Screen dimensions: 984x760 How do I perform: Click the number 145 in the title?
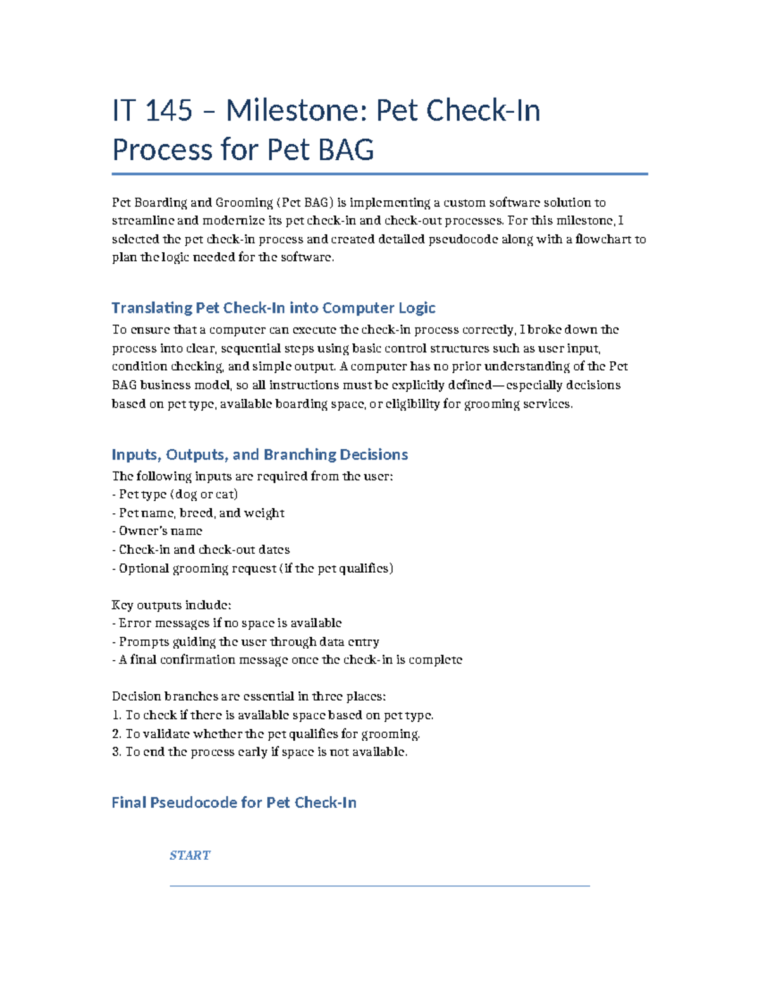(x=168, y=111)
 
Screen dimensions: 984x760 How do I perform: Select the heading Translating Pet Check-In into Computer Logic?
(x=273, y=308)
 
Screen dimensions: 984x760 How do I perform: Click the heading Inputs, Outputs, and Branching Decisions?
(x=260, y=454)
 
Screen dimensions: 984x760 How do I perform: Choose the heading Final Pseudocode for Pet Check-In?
(x=234, y=802)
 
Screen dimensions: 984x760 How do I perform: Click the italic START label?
(x=189, y=855)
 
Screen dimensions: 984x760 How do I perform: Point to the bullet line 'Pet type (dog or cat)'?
(x=175, y=494)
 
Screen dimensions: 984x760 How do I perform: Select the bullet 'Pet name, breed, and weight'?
(x=198, y=513)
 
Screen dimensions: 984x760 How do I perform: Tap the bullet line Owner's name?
(x=157, y=531)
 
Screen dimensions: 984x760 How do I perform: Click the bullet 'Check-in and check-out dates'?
(x=201, y=549)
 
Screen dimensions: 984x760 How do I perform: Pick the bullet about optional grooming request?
(x=252, y=568)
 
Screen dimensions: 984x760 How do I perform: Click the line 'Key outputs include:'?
(x=171, y=604)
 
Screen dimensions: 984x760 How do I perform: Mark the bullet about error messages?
(x=227, y=623)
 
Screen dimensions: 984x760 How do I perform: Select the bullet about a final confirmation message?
(x=287, y=660)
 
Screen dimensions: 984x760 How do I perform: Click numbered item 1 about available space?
(x=272, y=715)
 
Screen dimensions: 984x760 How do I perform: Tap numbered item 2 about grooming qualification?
(x=266, y=734)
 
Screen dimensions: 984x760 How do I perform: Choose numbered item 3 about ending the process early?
(x=260, y=752)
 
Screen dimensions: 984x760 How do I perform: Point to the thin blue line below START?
(x=379, y=886)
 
